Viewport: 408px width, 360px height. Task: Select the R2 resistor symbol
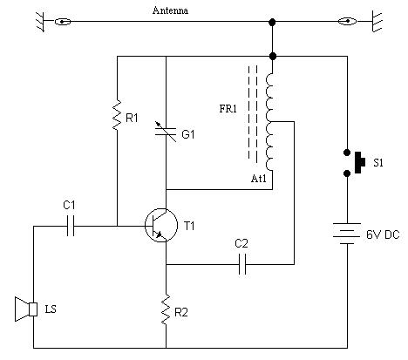(166, 309)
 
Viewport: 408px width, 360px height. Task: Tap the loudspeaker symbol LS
(24, 309)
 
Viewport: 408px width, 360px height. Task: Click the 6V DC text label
(382, 234)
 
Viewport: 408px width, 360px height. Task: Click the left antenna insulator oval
(62, 21)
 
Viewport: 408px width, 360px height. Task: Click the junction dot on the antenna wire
(273, 21)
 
